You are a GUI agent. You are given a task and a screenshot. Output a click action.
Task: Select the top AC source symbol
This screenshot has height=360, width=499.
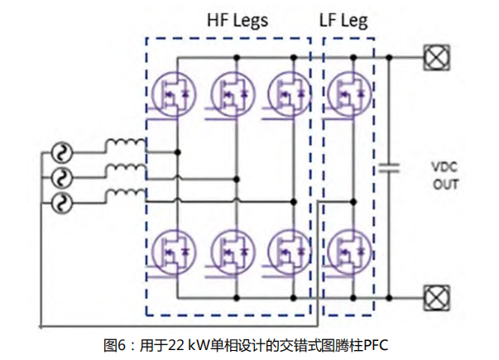click(x=60, y=153)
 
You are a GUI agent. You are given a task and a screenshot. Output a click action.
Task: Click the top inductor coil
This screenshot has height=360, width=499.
click(x=122, y=146)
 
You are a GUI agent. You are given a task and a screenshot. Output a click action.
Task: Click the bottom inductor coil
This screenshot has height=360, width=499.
click(x=122, y=195)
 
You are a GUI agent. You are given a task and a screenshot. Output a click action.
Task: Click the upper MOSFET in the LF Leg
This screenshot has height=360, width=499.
click(x=348, y=92)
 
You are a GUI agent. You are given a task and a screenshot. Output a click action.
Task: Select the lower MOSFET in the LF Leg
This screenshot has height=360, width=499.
click(x=348, y=249)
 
